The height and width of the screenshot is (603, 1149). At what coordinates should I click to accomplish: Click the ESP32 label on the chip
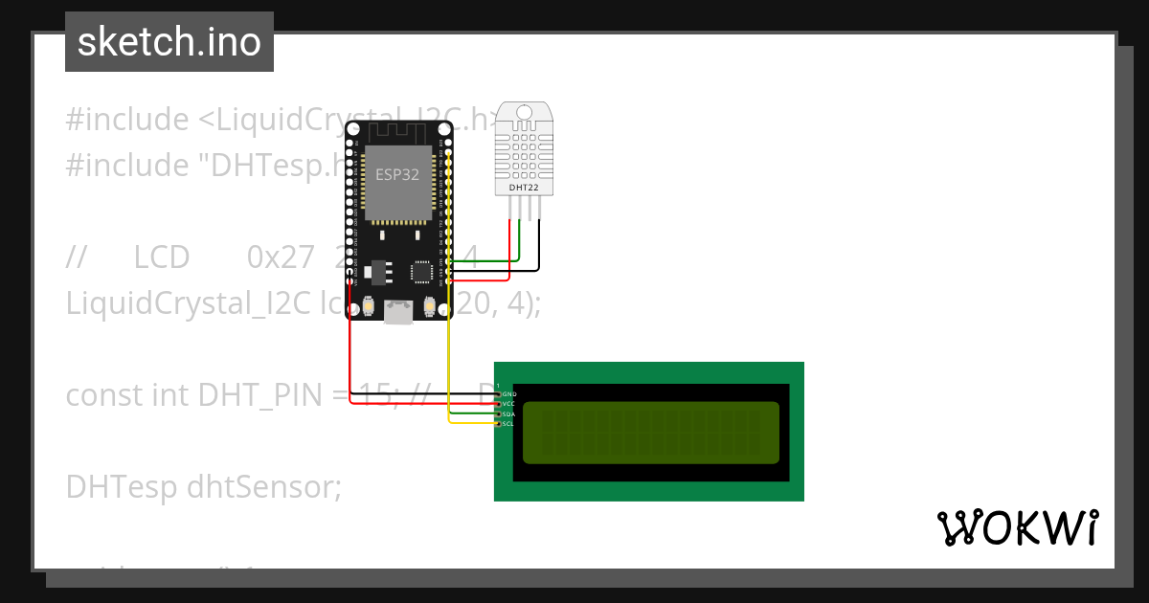point(396,174)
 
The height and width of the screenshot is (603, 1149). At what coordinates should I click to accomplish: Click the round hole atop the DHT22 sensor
point(524,113)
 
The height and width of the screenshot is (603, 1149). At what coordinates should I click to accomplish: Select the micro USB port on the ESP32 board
point(398,311)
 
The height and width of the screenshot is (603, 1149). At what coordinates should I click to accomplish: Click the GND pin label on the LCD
point(509,394)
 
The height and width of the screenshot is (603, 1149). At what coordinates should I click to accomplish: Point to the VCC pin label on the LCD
point(509,404)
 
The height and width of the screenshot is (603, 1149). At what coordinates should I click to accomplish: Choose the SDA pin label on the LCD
point(509,414)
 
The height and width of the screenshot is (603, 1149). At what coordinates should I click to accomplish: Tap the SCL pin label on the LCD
point(509,424)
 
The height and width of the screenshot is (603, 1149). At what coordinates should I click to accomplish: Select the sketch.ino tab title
point(169,42)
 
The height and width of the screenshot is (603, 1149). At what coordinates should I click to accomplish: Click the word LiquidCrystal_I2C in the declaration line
point(188,303)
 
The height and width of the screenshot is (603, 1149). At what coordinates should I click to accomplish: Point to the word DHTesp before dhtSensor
point(122,487)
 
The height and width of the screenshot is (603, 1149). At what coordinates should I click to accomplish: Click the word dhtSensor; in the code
point(264,487)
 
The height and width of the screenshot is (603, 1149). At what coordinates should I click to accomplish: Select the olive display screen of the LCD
point(650,431)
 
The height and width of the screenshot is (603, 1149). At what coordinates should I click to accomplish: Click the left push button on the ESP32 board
point(369,306)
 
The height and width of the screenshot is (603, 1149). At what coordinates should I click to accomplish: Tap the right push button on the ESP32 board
point(429,306)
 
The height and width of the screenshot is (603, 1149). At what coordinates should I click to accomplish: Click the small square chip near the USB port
point(421,272)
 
